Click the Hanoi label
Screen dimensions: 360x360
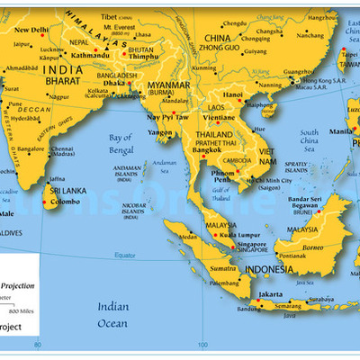233,94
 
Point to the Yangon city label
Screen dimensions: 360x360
161,131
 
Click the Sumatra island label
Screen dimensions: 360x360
198,268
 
